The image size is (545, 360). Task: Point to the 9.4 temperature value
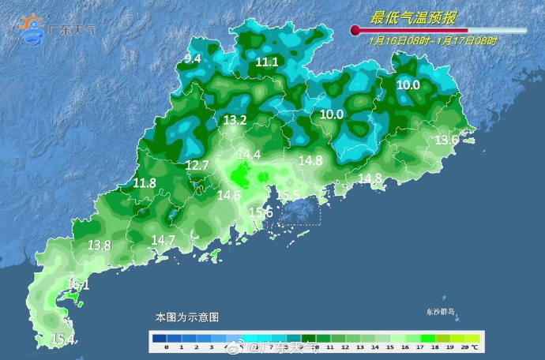tap(193, 58)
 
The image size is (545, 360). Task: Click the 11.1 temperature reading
tap(268, 62)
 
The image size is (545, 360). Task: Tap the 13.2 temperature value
tap(235, 121)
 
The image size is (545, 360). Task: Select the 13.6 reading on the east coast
tap(447, 140)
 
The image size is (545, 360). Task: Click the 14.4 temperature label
tap(249, 155)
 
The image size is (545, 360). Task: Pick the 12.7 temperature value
tap(197, 165)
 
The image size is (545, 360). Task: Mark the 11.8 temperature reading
tap(145, 183)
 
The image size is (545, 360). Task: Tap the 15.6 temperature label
tap(261, 212)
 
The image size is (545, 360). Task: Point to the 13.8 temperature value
tap(99, 246)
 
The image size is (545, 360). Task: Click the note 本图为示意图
tap(186, 317)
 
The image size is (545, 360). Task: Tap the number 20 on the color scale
tap(465, 347)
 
